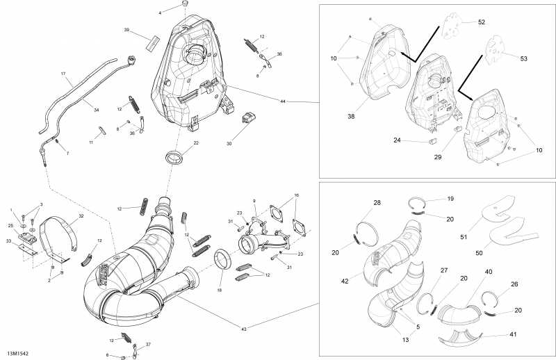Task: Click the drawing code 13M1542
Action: (x=17, y=354)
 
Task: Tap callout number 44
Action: (x=283, y=101)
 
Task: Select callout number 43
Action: (x=244, y=329)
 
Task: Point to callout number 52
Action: (x=481, y=22)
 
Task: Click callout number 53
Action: (x=524, y=58)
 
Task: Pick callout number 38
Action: (x=352, y=116)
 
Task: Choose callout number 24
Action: (x=397, y=140)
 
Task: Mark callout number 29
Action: (x=438, y=157)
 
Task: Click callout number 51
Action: (x=464, y=237)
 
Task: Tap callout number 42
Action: (x=345, y=281)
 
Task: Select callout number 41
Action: (x=513, y=334)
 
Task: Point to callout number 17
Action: (x=63, y=74)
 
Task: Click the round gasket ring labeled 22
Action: (x=175, y=158)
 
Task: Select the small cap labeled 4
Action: (x=184, y=4)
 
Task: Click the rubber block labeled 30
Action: (x=250, y=117)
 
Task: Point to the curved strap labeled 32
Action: (x=57, y=238)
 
